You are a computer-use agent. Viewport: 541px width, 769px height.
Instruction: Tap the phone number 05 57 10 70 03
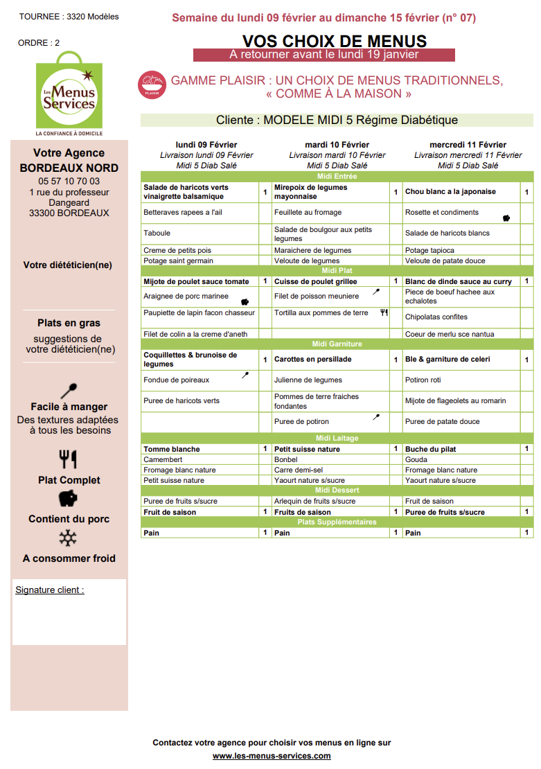69,182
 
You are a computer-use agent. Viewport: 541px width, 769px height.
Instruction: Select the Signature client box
69,612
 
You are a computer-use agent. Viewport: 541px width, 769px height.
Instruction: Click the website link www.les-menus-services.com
272,756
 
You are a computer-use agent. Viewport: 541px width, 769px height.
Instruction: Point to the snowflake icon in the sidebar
69,538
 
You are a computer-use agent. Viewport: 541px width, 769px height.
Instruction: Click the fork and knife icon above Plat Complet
69,459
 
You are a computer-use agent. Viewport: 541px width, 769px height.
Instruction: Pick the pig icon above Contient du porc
69,498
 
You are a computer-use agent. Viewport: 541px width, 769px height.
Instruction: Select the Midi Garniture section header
337,344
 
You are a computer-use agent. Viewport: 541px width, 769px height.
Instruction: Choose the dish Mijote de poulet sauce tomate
196,282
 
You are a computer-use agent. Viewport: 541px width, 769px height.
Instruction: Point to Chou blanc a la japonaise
450,192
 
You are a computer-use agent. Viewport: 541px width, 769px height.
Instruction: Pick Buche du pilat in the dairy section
430,449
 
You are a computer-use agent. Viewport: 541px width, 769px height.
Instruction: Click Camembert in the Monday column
163,459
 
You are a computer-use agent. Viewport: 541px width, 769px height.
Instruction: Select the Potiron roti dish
423,380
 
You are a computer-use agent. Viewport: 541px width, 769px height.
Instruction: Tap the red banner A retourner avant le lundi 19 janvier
323,55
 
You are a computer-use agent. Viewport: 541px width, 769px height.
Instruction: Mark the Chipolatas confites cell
436,317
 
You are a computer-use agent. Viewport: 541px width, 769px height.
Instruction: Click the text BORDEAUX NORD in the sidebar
69,168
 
